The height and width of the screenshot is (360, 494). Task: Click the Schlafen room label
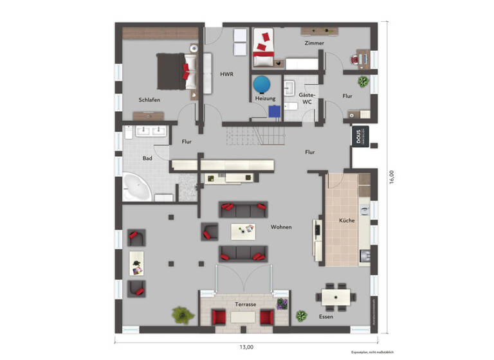149,100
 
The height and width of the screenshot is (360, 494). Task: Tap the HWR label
226,75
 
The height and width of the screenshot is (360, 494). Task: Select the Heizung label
265,98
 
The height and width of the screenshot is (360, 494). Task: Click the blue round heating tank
262,84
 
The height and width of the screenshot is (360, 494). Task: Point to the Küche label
347,221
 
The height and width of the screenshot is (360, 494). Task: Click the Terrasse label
246,304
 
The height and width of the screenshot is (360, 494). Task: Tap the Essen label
327,317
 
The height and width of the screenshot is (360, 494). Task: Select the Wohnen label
281,227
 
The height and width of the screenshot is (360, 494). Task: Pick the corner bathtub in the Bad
137,187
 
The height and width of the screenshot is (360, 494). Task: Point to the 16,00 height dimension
391,177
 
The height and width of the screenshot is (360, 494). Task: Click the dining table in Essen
336,296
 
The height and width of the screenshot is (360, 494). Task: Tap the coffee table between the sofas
243,230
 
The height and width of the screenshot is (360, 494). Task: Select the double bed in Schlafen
172,70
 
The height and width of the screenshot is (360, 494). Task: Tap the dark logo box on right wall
358,138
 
